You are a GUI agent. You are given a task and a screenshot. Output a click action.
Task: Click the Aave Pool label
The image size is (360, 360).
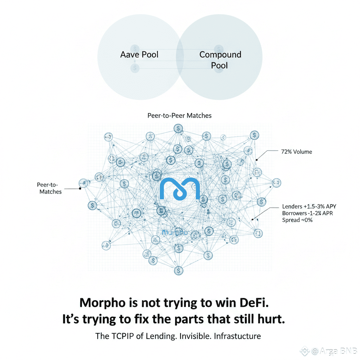pyautogui.click(x=139, y=54)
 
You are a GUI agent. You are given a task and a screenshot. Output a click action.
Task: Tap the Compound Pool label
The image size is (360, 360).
pyautogui.click(x=220, y=60)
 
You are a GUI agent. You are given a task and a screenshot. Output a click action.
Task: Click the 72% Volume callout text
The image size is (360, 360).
pyautogui.click(x=296, y=152)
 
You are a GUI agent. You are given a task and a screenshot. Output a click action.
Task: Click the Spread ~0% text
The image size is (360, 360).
pyautogui.click(x=297, y=220)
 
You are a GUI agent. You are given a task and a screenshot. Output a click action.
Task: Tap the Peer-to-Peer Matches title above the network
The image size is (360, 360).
pyautogui.click(x=180, y=115)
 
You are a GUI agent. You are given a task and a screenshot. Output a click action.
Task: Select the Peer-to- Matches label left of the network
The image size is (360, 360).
pyautogui.click(x=50, y=188)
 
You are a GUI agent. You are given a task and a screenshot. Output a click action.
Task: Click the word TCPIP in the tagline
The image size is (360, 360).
pyautogui.click(x=122, y=336)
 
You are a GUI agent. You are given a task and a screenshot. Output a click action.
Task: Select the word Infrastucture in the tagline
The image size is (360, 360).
pyautogui.click(x=237, y=336)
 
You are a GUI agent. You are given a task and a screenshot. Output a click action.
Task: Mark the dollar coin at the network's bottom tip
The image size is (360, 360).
pyautogui.click(x=179, y=270)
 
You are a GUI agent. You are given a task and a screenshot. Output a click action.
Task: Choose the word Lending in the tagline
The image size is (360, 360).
pyautogui.click(x=160, y=336)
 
